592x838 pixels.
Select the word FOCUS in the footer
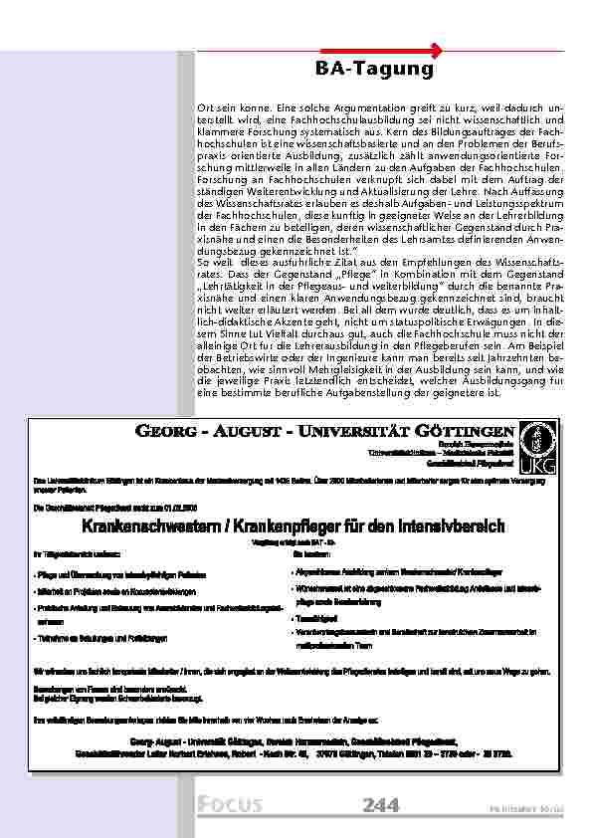click(229, 804)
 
